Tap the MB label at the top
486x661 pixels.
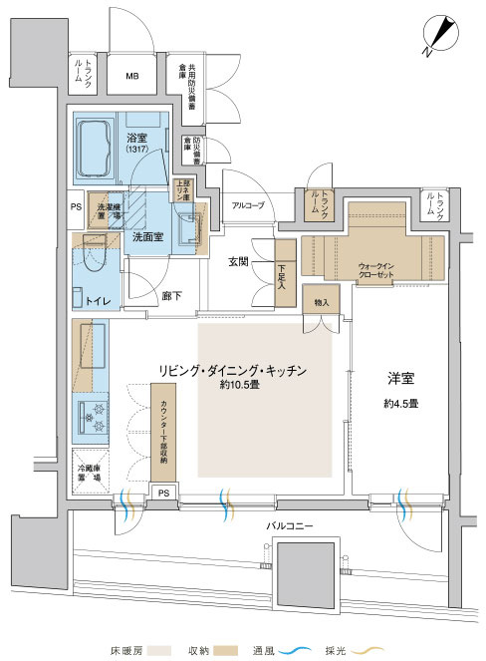click(x=132, y=76)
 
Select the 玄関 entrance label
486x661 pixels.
click(x=240, y=262)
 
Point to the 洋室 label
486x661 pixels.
click(x=399, y=379)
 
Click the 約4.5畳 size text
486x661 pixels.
click(x=399, y=404)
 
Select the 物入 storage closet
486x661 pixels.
click(x=322, y=302)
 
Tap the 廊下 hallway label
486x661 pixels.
click(x=170, y=297)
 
